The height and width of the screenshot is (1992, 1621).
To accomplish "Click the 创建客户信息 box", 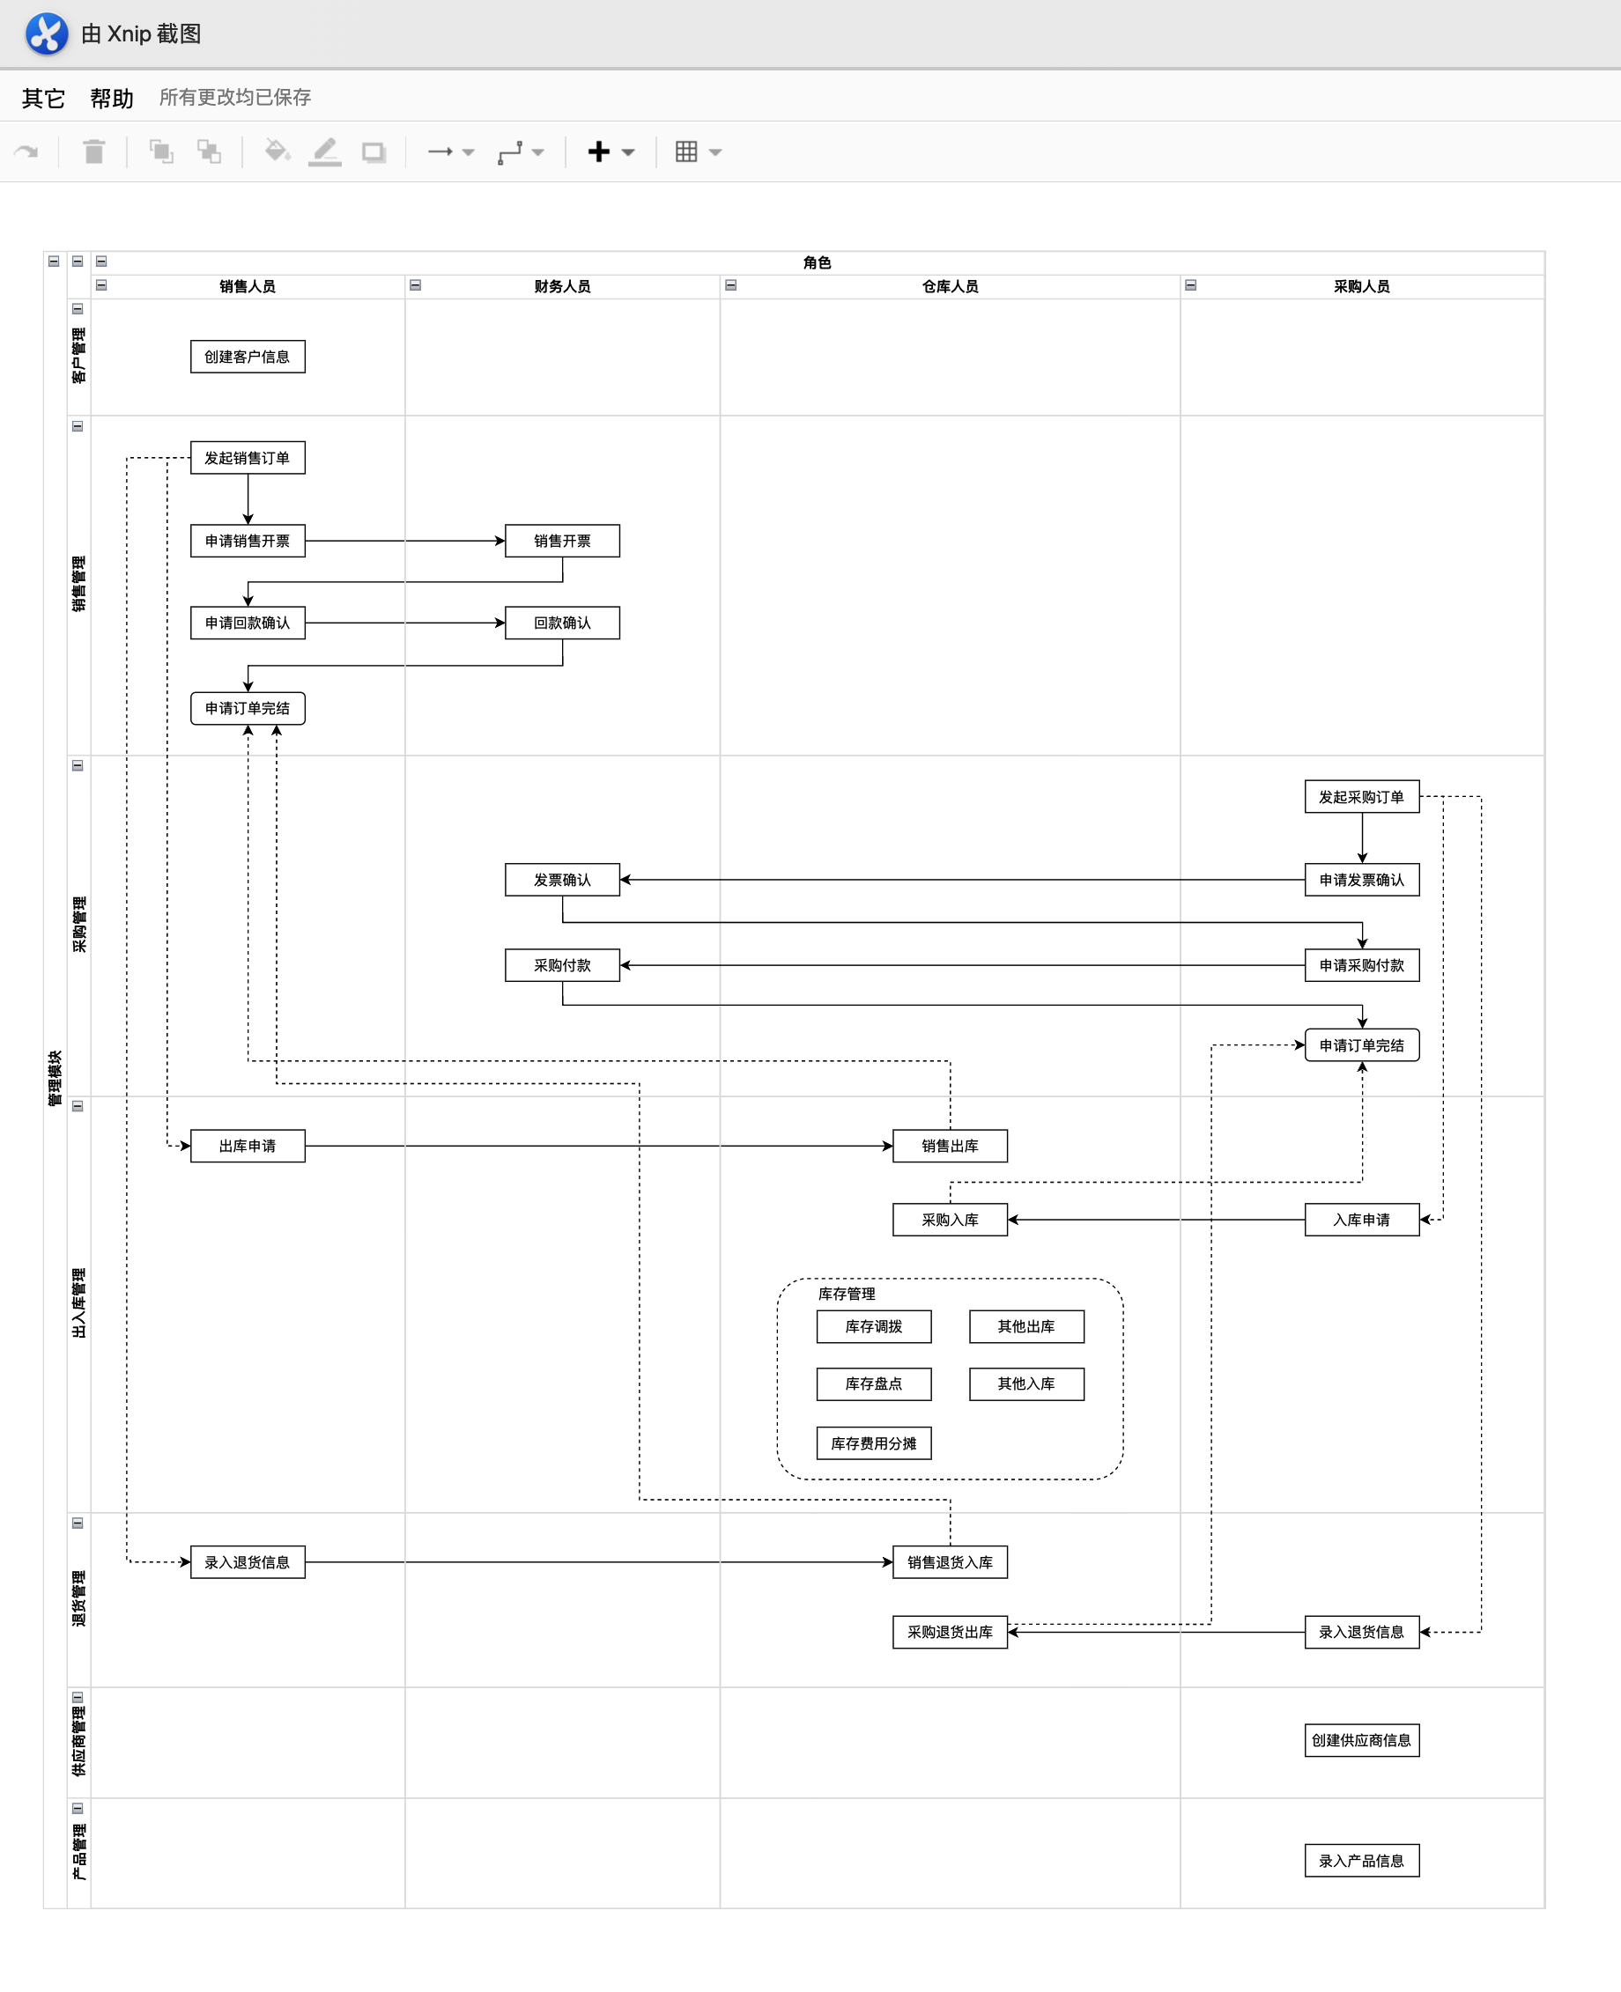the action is (248, 357).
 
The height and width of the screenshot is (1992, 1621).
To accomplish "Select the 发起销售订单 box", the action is (248, 457).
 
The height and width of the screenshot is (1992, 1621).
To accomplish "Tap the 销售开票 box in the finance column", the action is (562, 541).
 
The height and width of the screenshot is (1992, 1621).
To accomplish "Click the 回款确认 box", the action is (562, 623).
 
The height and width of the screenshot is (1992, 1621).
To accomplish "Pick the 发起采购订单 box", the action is (1361, 796).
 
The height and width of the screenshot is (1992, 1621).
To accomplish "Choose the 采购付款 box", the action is (562, 964).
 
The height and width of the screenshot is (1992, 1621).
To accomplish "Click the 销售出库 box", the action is (950, 1146).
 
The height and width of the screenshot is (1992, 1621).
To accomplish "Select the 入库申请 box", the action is (1361, 1219).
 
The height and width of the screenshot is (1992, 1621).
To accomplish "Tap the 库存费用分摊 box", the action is (873, 1442).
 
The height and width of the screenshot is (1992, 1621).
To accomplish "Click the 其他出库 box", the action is (1026, 1325).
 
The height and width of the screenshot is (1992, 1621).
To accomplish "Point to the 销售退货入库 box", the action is (950, 1561).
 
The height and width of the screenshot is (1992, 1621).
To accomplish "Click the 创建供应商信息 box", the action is (1361, 1740).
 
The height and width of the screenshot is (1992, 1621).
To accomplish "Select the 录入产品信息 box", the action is (1361, 1861).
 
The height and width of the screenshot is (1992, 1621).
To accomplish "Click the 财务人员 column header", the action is (562, 286).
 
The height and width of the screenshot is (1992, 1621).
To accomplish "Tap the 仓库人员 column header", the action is (950, 286).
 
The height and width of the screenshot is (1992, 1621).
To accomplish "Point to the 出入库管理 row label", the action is (78, 1302).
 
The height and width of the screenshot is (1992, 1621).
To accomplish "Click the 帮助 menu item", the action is (112, 98).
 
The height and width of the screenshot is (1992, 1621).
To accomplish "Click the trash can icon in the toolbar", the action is (93, 151).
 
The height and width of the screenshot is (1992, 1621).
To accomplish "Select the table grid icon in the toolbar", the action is (686, 151).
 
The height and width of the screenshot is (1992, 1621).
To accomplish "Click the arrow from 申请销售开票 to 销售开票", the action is (405, 541).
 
